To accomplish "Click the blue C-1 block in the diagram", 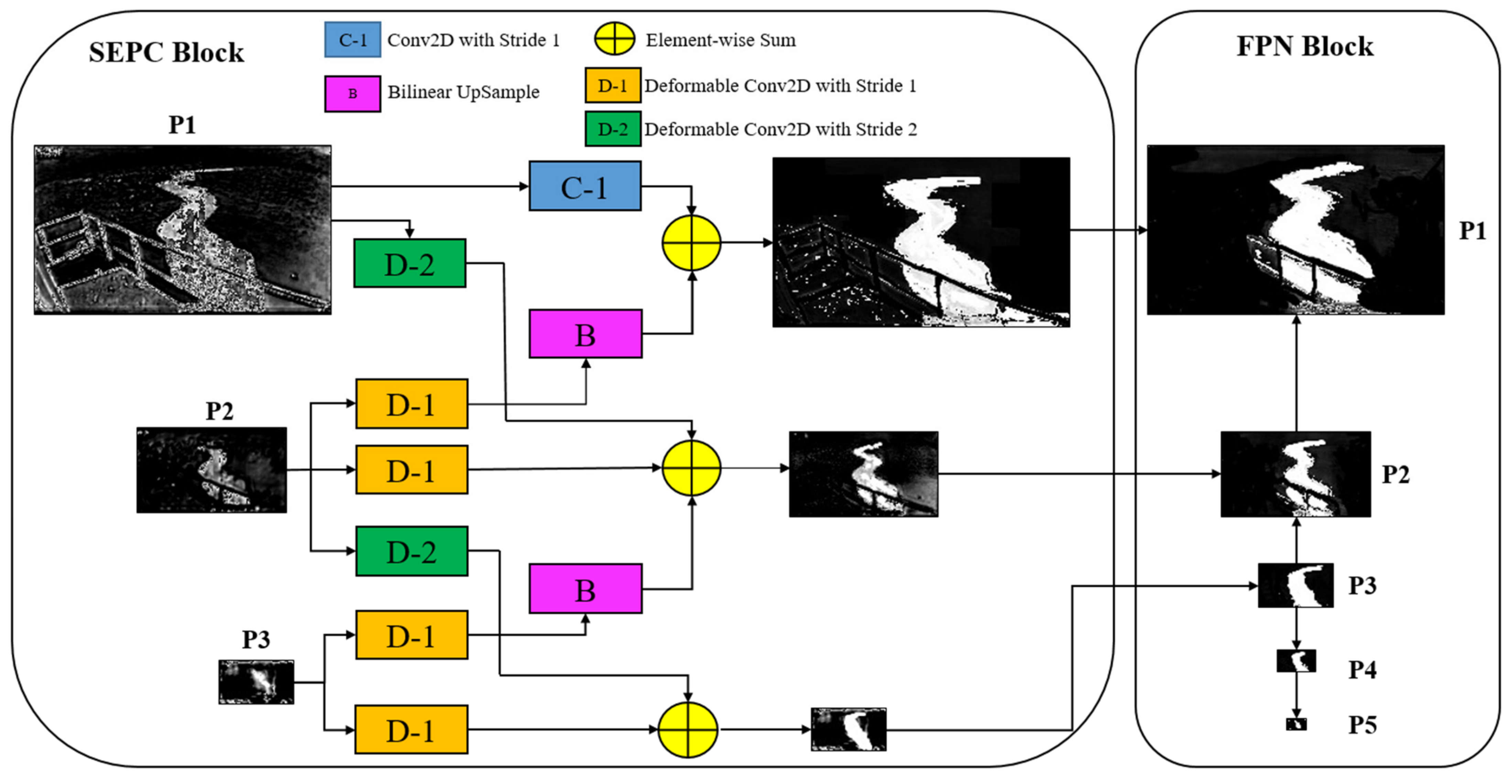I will pos(584,186).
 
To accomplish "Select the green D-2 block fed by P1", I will pos(410,263).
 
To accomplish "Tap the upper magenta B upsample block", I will pos(585,334).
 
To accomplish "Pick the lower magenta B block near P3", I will pos(585,589).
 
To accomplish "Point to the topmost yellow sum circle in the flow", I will pos(691,243).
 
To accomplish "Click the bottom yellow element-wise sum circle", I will pos(688,730).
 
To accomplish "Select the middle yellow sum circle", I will pos(691,468).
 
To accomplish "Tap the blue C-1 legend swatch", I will pos(352,40).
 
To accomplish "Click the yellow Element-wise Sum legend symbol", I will pos(614,39).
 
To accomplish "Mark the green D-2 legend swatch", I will pos(613,129).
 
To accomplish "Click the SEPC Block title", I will pos(166,53).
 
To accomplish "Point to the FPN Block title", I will pos(1304,47).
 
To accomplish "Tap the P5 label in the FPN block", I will pos(1362,725).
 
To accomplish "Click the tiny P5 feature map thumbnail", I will pos(1296,724).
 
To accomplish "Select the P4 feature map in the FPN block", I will pos(1296,661).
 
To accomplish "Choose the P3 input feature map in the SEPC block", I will pos(256,682).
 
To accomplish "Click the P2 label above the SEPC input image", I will pos(219,410).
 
